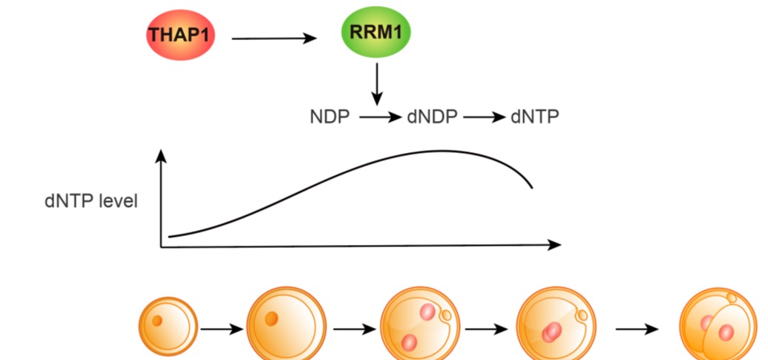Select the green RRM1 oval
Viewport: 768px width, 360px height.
coord(376,34)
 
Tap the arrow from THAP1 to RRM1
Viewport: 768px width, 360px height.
coord(274,38)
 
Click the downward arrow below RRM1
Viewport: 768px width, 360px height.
coord(377,84)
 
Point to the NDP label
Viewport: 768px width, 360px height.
coord(329,117)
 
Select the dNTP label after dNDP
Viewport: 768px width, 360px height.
coord(534,117)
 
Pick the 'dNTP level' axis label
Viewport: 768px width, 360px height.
coord(91,201)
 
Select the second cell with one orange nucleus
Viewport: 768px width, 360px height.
coord(286,324)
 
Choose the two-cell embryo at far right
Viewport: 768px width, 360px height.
coord(717,327)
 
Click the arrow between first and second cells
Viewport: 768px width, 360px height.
coord(221,328)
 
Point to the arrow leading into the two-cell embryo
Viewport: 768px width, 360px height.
coord(637,328)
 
